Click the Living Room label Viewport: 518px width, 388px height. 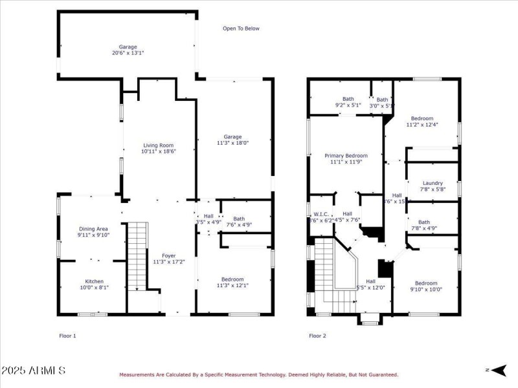(x=158, y=145)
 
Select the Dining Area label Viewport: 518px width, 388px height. (x=93, y=229)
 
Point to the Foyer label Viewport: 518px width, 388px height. (x=168, y=256)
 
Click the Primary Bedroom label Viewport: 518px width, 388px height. (x=346, y=156)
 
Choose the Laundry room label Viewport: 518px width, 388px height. (x=432, y=183)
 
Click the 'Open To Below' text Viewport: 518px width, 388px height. (x=241, y=28)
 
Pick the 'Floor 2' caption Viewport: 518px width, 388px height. (x=317, y=336)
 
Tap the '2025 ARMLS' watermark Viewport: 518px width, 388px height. (x=33, y=371)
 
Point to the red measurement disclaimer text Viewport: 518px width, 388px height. (x=258, y=374)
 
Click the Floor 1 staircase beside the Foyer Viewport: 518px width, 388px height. (x=137, y=255)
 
